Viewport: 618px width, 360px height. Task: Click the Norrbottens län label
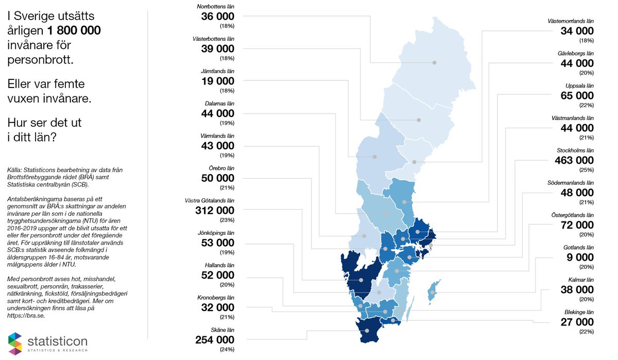pos(215,7)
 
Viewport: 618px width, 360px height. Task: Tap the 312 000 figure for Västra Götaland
pos(215,210)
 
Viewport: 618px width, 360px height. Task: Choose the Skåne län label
pos(221,330)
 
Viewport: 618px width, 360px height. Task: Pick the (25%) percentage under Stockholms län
pos(586,170)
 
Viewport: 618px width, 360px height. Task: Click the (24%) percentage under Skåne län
pos(227,350)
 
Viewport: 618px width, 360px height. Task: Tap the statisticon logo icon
pos(15,344)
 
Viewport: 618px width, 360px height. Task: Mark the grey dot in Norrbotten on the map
pos(434,62)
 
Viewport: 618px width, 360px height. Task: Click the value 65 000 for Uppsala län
pos(577,96)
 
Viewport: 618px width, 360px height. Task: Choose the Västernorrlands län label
pos(571,21)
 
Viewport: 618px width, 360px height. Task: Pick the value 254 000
pos(215,340)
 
